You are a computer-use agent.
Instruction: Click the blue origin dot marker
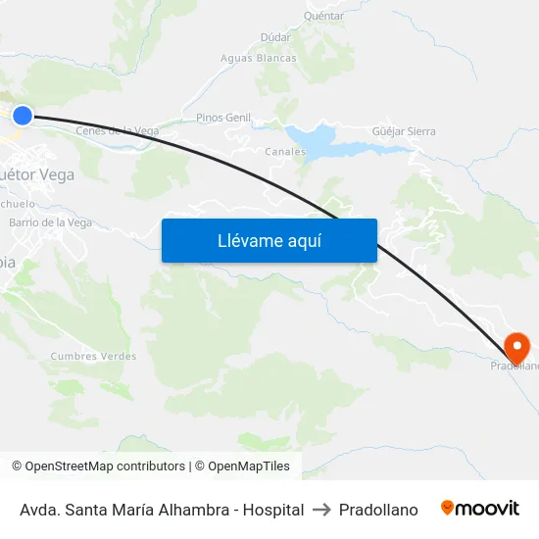tap(22, 116)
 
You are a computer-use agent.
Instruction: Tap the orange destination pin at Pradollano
tap(515, 346)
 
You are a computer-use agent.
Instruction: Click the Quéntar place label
tap(323, 16)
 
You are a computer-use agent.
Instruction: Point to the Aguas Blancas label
tap(259, 58)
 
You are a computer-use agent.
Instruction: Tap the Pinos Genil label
tap(223, 118)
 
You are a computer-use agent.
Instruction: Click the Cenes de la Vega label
tap(118, 130)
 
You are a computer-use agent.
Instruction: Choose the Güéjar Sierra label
tap(404, 130)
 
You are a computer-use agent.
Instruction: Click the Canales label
tap(285, 152)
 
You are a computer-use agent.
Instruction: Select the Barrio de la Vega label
tap(50, 222)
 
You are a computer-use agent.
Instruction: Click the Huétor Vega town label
tap(39, 174)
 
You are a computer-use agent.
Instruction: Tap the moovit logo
tap(480, 509)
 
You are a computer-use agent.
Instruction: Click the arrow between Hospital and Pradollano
tap(320, 510)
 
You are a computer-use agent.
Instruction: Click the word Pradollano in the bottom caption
tap(378, 510)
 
